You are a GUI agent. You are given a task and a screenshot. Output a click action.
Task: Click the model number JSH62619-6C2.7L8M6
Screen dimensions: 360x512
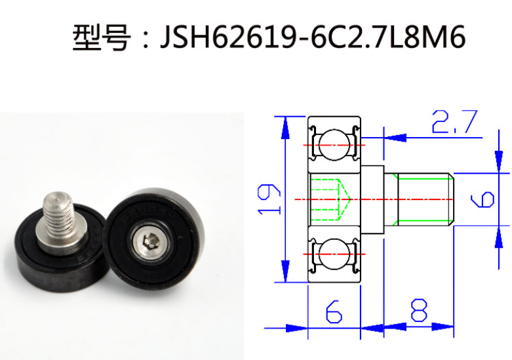point(313,38)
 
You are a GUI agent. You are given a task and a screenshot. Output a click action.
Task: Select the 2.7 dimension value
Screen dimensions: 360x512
point(454,123)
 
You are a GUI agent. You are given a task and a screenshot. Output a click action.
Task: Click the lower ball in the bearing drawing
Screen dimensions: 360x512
point(334,254)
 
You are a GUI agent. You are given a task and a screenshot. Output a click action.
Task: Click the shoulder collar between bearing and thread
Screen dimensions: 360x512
point(373,199)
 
